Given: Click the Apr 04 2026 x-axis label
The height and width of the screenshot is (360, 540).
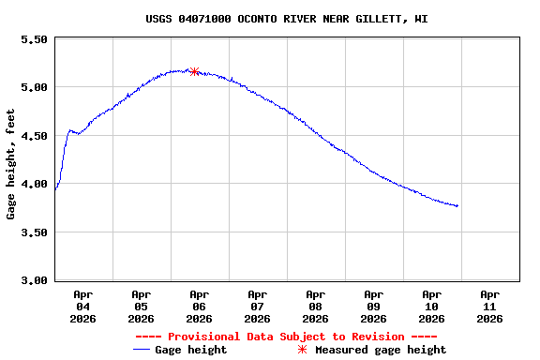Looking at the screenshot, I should tap(82, 307).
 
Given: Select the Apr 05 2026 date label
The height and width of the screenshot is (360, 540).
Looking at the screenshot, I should tap(141, 307).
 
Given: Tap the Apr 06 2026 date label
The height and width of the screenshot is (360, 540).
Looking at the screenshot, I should tap(199, 307).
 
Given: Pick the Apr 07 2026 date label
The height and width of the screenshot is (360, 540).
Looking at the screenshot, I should tap(257, 307).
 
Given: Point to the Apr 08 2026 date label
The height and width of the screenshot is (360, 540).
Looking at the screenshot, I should tap(315, 307).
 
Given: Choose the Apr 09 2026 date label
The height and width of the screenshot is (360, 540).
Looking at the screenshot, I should tap(373, 307).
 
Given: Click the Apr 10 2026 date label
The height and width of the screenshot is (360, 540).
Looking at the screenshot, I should tap(431, 307).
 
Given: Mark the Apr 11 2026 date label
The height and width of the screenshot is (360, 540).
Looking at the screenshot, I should tap(489, 307).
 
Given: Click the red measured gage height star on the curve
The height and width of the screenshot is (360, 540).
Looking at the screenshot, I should tap(194, 71).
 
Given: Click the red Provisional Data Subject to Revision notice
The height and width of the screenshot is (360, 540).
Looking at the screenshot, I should tap(286, 337).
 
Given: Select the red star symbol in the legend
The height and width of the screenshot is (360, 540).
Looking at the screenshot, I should tap(302, 350).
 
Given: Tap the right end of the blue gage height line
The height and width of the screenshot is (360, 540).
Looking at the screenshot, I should tap(457, 205).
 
